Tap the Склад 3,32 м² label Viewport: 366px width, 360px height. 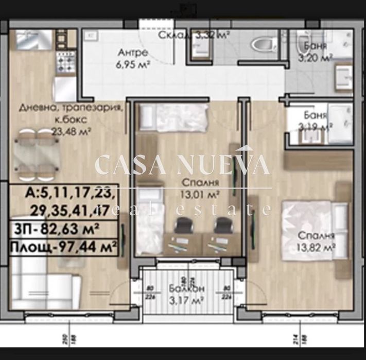pos(194,35)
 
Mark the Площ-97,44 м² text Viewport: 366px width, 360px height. pos(63,248)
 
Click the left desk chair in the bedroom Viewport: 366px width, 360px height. pos(183,226)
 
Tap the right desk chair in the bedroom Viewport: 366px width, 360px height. pos(222,226)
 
